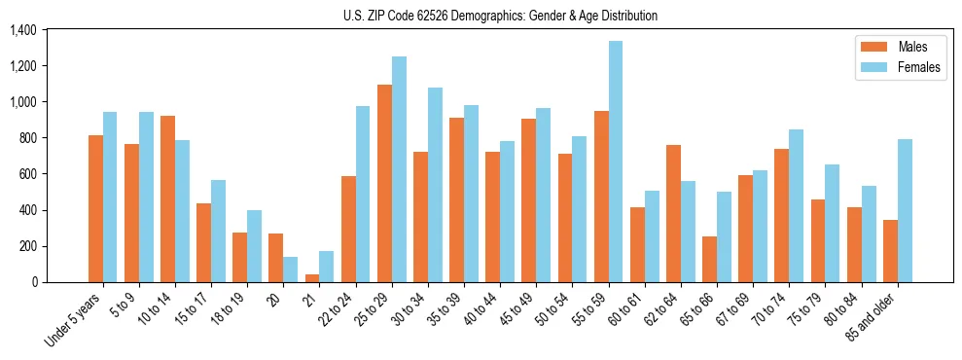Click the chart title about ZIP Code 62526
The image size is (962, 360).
click(x=500, y=16)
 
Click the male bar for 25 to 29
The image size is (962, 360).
click(x=384, y=184)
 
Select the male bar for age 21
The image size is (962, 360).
click(x=312, y=278)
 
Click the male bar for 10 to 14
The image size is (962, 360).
click(x=167, y=199)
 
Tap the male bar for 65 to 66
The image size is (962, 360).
click(x=709, y=260)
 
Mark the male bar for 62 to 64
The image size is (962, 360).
click(x=673, y=214)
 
